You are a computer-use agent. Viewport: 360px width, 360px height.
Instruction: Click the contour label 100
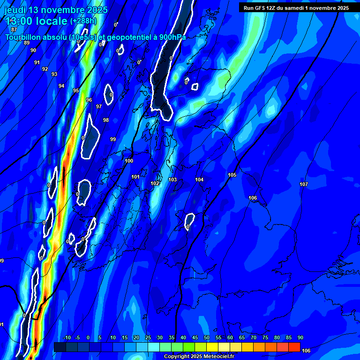pos(129,161)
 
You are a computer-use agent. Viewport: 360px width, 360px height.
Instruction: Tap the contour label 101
pos(135,177)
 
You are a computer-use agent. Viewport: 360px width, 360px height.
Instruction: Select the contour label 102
pos(155,183)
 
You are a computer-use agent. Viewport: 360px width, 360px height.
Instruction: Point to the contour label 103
pos(172,180)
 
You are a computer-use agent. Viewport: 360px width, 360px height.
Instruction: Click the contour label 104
pos(199,180)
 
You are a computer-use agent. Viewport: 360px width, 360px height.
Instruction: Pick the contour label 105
pos(232,175)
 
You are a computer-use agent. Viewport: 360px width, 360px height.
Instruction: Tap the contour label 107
pos(304,184)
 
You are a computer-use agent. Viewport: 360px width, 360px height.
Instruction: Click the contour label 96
pos(89,100)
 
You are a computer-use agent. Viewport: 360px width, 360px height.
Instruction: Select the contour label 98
pos(106,120)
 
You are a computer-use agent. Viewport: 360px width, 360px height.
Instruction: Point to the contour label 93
pos(54,74)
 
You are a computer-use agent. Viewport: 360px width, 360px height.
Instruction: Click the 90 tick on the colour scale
pos(300,337)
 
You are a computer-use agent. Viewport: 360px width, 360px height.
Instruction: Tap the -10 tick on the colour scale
pos(67,337)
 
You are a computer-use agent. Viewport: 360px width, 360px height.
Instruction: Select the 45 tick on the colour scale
pos(195,337)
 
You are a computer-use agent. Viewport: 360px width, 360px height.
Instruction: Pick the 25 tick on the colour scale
pos(148,337)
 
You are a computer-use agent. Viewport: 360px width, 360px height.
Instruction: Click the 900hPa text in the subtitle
pos(171,37)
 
